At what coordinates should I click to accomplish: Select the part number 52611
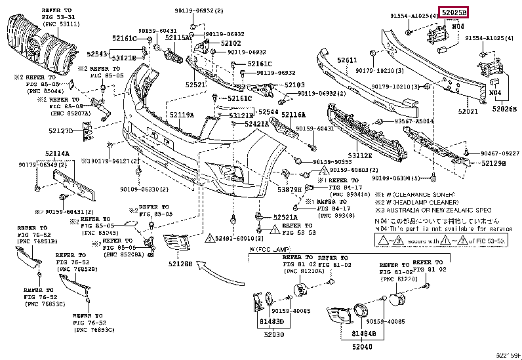(348, 60)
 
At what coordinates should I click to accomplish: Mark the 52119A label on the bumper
(182, 115)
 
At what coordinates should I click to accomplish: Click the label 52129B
(493, 163)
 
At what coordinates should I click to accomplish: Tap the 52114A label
(58, 154)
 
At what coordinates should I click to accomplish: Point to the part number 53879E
(289, 190)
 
